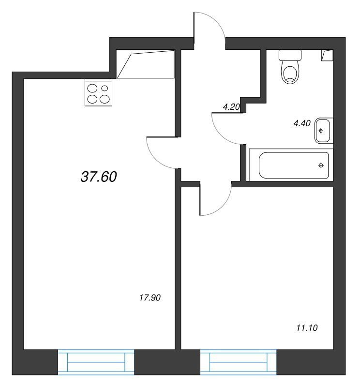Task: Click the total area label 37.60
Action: tap(99, 177)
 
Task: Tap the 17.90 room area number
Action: tap(150, 298)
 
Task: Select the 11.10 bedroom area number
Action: tap(307, 328)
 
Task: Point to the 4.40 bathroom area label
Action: tap(302, 123)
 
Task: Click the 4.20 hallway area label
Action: tap(231, 107)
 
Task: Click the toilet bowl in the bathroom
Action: tap(290, 72)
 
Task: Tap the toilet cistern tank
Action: tap(290, 55)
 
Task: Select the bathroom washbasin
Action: tap(323, 131)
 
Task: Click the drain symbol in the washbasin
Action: tap(321, 131)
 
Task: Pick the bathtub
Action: tap(291, 164)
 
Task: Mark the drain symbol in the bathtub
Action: tap(321, 165)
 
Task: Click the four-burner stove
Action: tap(98, 92)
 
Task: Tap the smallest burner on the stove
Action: tap(105, 88)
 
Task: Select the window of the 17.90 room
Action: tap(96, 362)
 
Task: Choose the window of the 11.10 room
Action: tap(238, 362)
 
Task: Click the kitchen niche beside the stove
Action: tap(146, 64)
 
